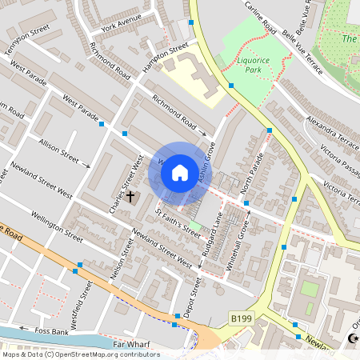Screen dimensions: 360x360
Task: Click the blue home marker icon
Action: (x=180, y=172)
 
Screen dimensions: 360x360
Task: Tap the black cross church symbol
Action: (x=130, y=196)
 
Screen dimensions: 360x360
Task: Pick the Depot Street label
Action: (x=191, y=298)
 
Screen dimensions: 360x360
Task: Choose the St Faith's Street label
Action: (x=178, y=222)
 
